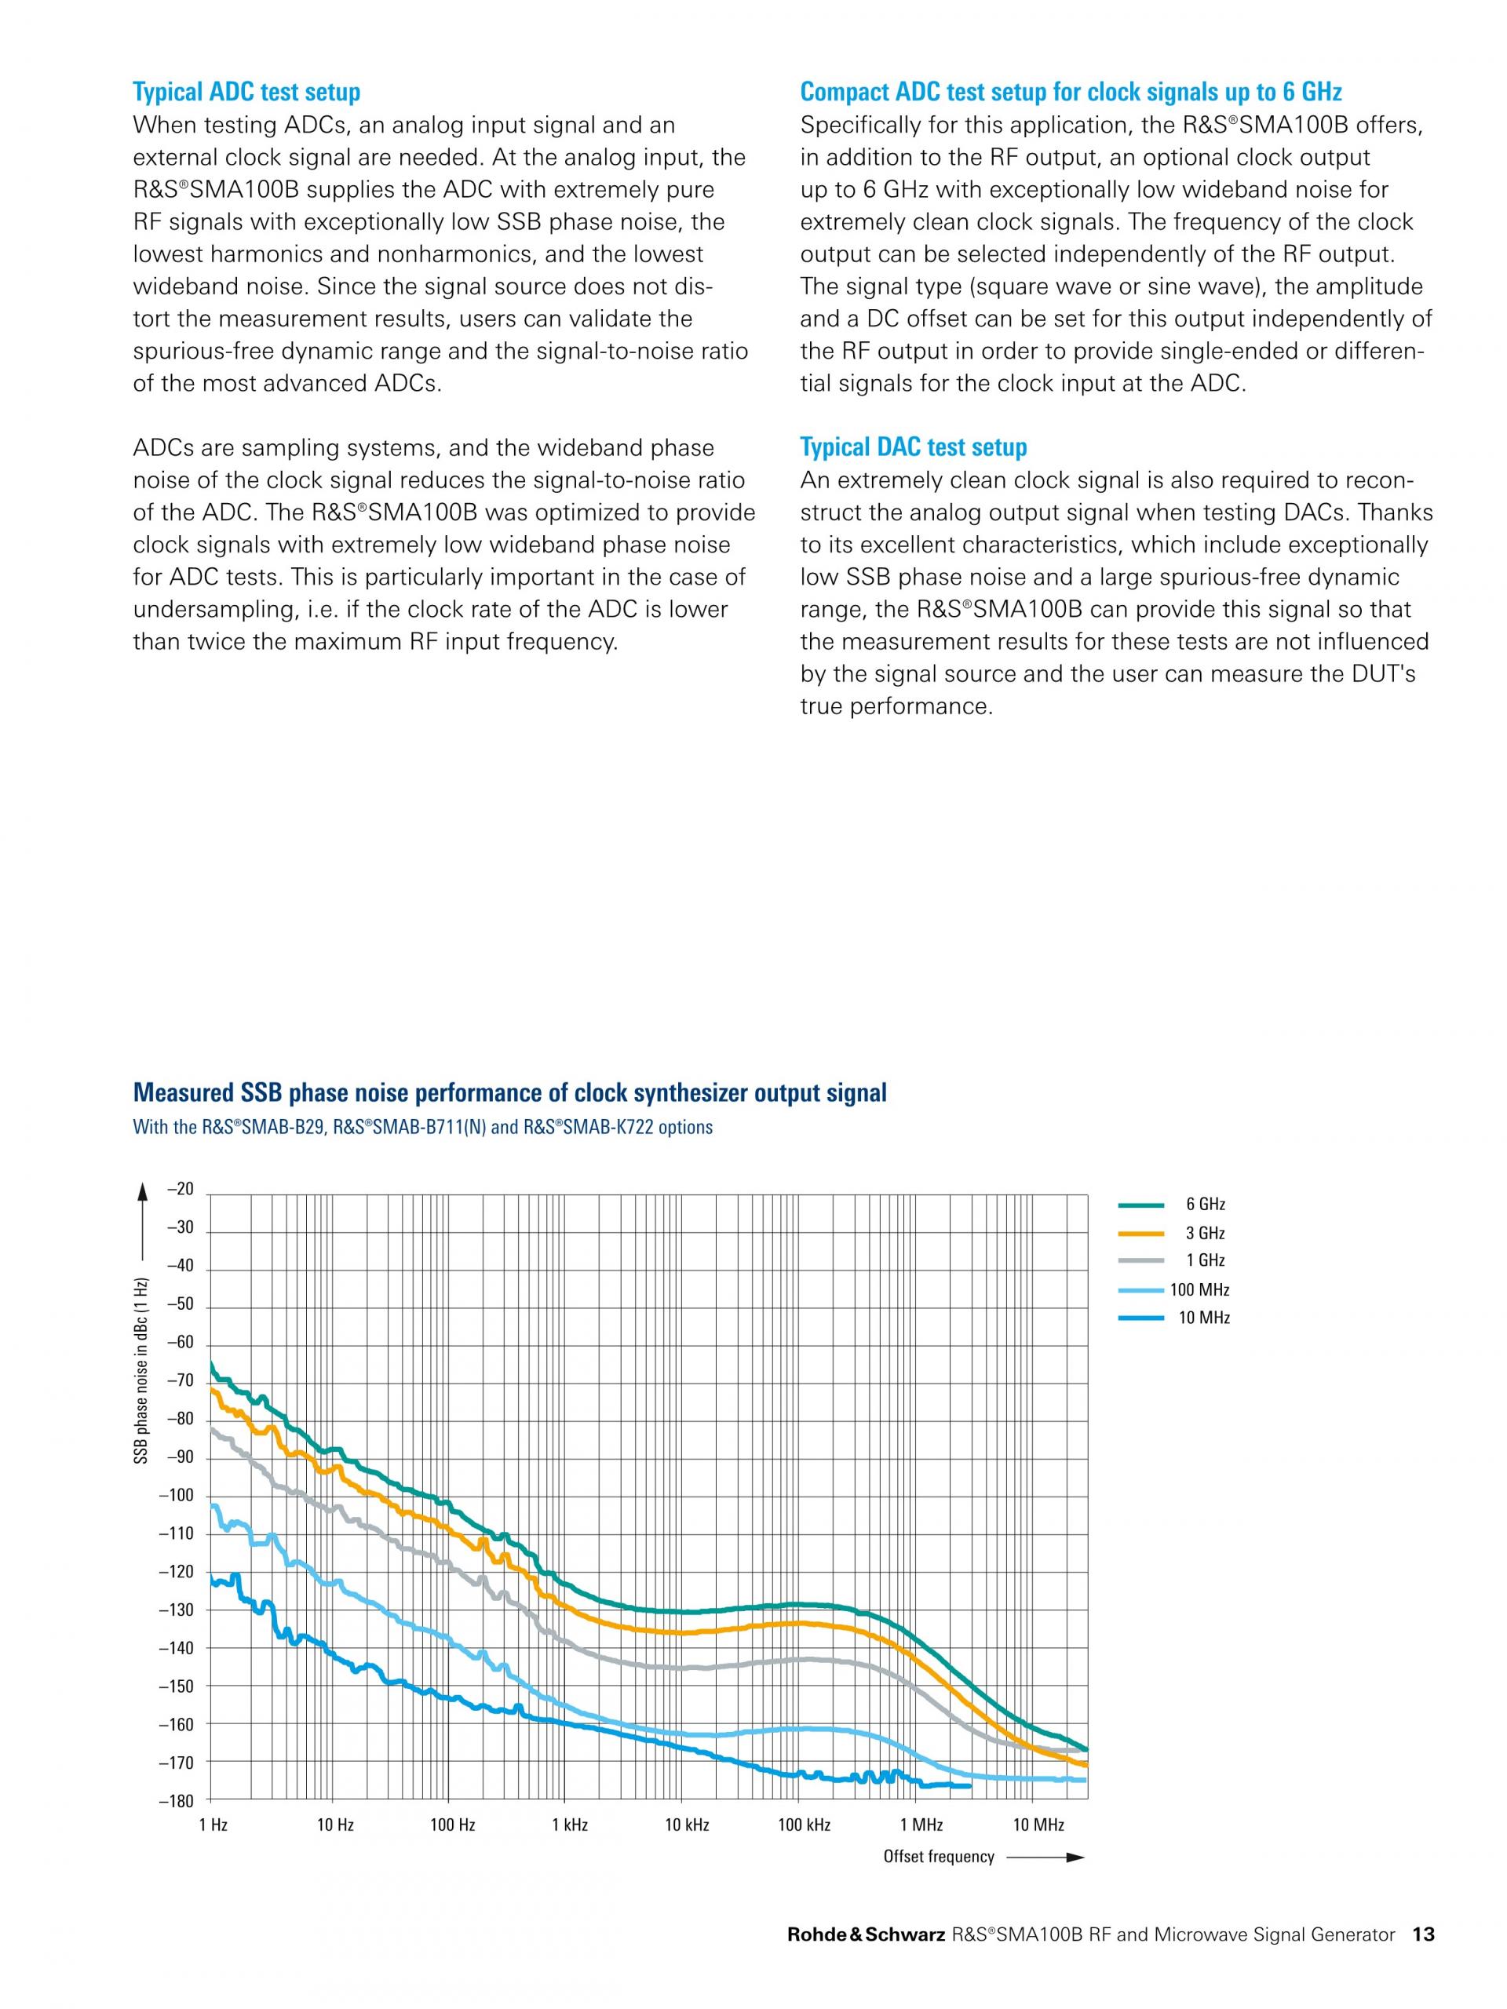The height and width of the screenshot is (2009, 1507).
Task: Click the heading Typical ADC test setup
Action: click(246, 92)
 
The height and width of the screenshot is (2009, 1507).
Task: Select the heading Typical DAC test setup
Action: click(913, 447)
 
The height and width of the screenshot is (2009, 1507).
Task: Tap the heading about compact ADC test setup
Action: click(1071, 92)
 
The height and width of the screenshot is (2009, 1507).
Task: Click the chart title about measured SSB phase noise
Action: click(509, 1092)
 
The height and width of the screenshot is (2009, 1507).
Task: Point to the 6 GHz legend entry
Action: click(1172, 1205)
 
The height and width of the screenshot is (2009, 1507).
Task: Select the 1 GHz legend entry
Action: click(1172, 1260)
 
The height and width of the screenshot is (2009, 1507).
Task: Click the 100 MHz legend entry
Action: click(1173, 1289)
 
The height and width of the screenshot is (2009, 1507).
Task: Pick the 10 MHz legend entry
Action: click(1173, 1318)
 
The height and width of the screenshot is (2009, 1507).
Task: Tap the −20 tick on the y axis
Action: click(180, 1190)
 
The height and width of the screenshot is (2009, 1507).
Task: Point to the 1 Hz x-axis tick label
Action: click(213, 1825)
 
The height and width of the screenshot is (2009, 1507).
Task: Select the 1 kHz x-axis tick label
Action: click(570, 1825)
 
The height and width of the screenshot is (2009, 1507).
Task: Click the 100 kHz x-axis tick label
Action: click(804, 1825)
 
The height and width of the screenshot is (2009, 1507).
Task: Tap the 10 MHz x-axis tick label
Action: click(1038, 1825)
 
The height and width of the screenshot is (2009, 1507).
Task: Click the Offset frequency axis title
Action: click(940, 1857)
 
